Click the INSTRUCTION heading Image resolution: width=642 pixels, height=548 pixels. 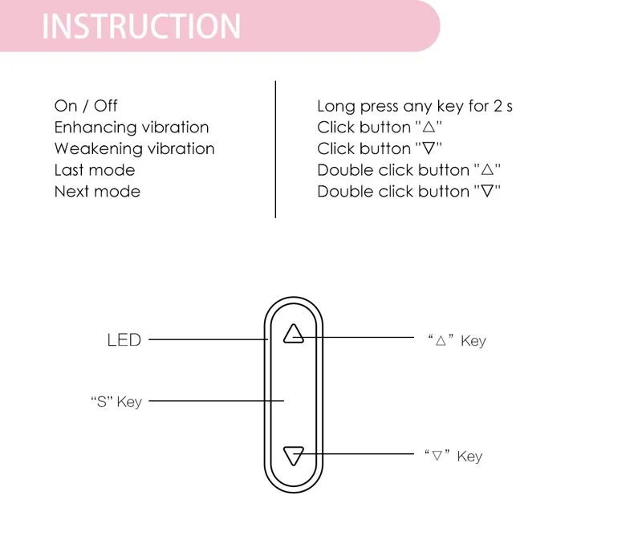click(141, 26)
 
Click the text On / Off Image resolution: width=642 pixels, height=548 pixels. click(86, 106)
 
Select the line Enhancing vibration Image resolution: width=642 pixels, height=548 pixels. click(132, 128)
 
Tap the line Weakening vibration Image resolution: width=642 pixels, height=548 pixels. click(134, 149)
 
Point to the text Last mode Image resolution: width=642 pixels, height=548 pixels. click(95, 170)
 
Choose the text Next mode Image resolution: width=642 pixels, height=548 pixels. click(97, 192)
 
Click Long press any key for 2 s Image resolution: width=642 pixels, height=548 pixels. click(414, 106)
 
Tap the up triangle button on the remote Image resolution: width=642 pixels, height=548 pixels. click(294, 334)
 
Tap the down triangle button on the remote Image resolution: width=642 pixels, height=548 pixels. click(294, 457)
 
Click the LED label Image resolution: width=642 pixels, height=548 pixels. click(124, 340)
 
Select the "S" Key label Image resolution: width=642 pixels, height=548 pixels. click(116, 401)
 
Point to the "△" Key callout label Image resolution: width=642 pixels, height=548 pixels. click(457, 341)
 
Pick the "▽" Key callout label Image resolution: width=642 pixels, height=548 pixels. click(453, 457)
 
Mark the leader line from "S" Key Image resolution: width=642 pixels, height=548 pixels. click(217, 400)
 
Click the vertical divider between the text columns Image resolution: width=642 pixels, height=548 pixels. click(275, 148)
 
